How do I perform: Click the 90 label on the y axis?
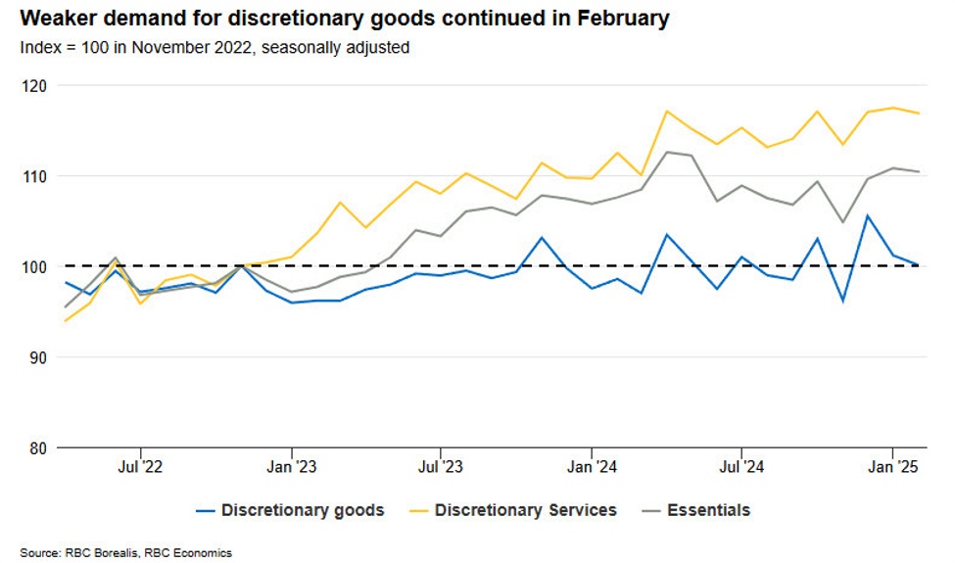point(35,357)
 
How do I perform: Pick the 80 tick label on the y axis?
point(35,447)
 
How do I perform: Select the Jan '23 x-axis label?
point(292,467)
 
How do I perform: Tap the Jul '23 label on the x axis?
point(441,467)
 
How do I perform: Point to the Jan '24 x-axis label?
point(592,467)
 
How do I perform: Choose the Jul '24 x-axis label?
point(741,467)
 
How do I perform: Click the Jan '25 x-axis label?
point(892,467)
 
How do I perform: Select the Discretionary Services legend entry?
point(525,510)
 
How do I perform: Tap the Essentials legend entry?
point(708,510)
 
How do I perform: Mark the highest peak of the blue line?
point(867,215)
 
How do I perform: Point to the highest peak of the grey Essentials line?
point(667,152)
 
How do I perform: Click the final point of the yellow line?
point(918,114)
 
